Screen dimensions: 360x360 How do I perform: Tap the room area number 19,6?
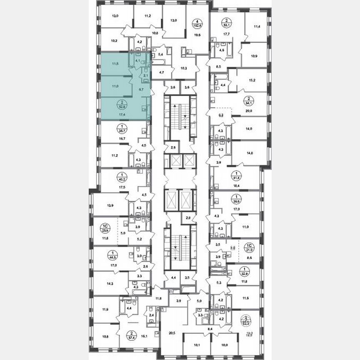click(197, 35)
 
